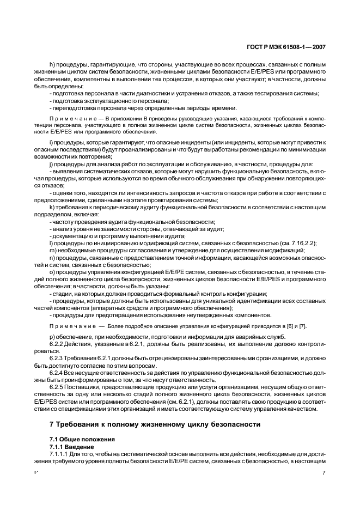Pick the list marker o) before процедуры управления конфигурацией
pos(51,272)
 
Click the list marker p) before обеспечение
pos(51,337)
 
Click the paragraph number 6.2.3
pos(58,359)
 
